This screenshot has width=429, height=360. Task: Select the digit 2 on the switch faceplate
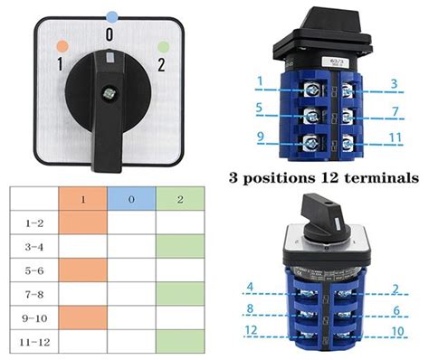tap(160, 64)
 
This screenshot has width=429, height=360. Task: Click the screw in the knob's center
tap(110, 92)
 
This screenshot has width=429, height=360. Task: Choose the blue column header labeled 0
tap(131, 197)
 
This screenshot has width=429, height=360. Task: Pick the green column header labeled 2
tap(178, 197)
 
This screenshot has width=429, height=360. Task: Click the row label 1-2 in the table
tap(33, 221)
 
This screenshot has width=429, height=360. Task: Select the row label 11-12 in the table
tap(33, 341)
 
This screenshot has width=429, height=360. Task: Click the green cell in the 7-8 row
tap(178, 293)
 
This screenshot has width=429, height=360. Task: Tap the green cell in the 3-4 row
tap(178, 245)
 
